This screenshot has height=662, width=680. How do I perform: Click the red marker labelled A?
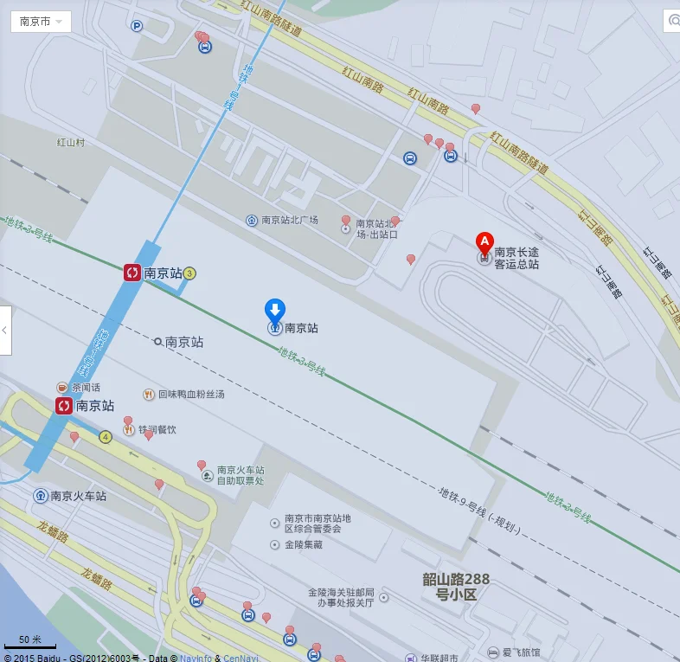(485, 241)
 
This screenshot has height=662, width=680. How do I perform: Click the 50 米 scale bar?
(30, 641)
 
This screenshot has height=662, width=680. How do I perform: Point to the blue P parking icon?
(137, 26)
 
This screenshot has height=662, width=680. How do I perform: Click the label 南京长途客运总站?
(516, 258)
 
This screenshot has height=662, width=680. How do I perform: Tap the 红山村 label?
(71, 142)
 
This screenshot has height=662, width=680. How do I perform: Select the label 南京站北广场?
(289, 220)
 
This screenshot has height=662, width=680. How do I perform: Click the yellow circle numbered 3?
(190, 273)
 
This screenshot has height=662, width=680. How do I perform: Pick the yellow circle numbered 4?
(106, 437)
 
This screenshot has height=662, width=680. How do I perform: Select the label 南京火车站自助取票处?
(241, 475)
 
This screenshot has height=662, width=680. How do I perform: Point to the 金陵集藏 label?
(303, 545)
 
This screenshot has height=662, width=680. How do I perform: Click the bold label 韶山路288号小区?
(455, 587)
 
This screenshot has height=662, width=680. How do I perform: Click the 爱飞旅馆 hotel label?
(521, 652)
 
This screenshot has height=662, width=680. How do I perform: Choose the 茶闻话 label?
(86, 387)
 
